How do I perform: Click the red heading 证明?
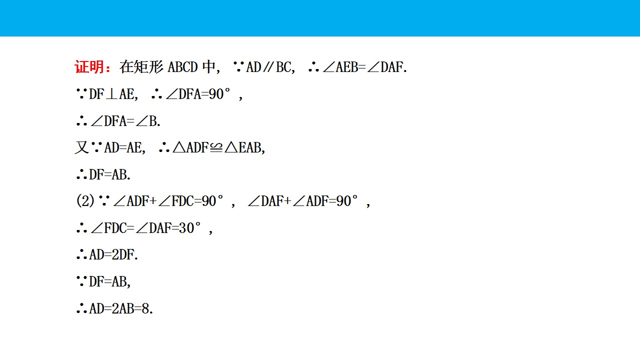click(89, 67)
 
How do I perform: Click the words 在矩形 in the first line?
click(141, 67)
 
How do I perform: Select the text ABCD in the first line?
click(182, 67)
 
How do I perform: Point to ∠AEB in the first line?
click(340, 67)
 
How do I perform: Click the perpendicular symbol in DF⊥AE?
click(111, 94)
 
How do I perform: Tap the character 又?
click(81, 147)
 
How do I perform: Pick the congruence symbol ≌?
click(216, 148)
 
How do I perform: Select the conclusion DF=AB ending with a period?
click(109, 175)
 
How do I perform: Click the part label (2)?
click(85, 201)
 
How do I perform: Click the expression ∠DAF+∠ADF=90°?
click(303, 201)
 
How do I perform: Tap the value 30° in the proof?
click(189, 228)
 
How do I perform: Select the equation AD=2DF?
click(113, 255)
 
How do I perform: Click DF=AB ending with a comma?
click(109, 281)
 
